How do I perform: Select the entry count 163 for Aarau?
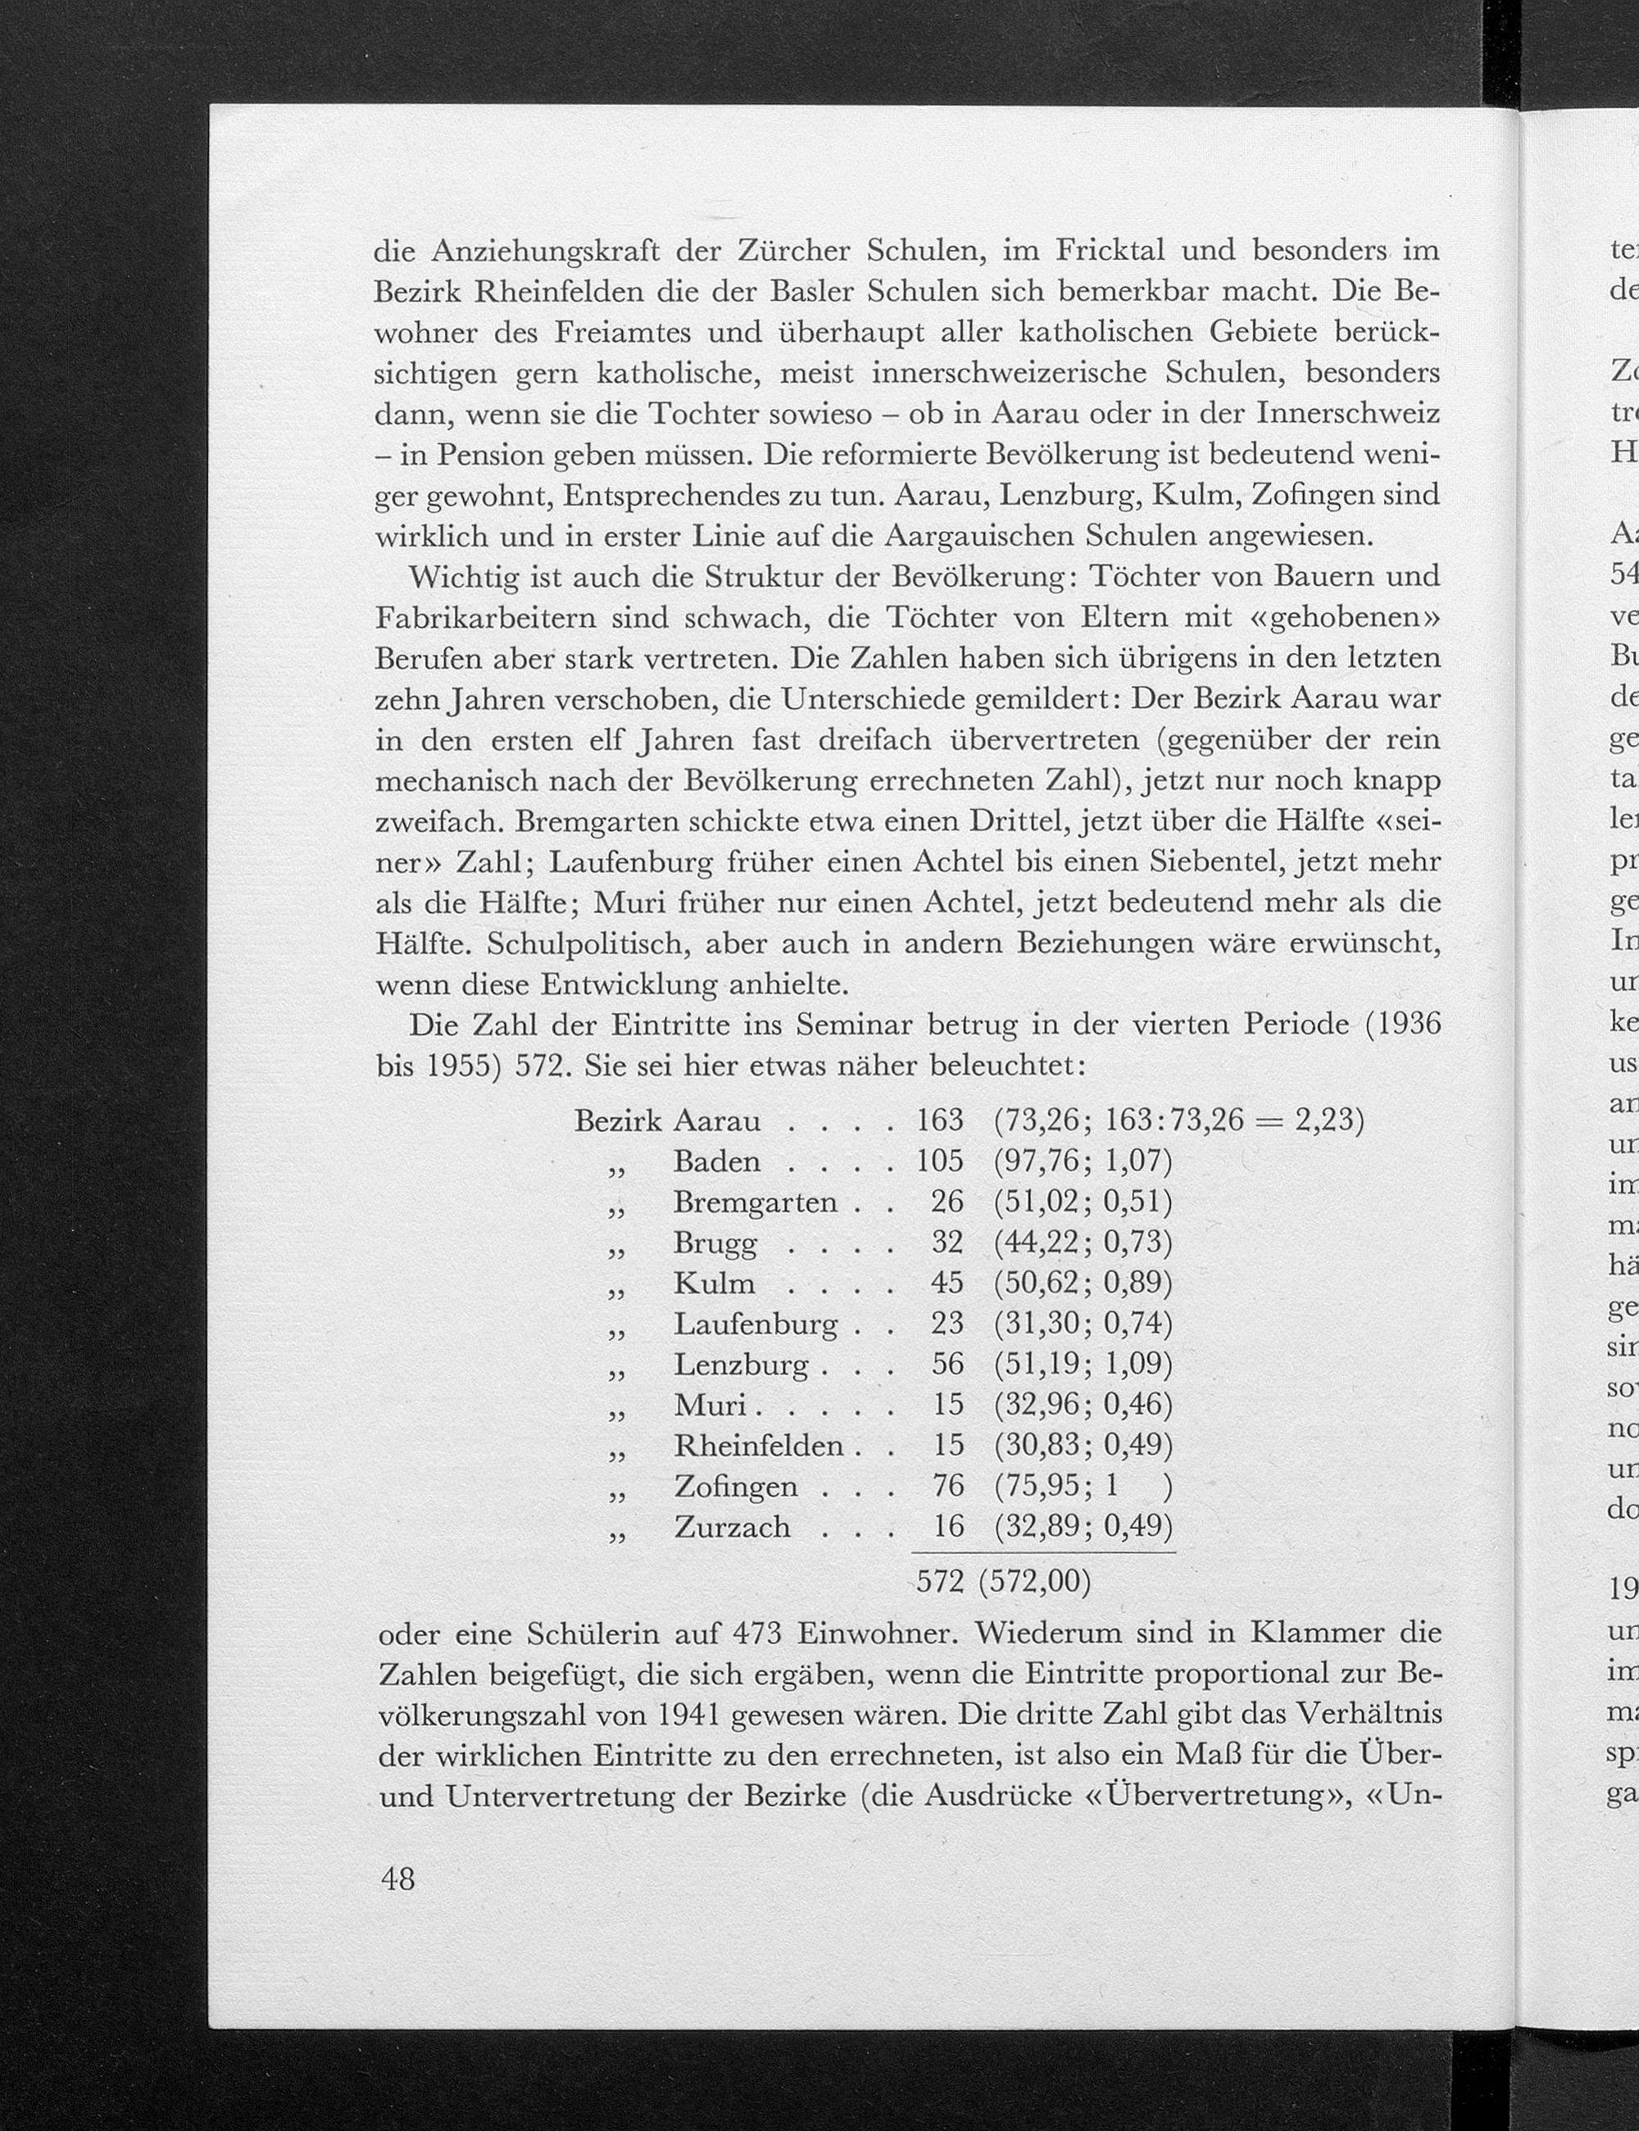(x=939, y=1120)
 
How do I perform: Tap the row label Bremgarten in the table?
(x=755, y=1202)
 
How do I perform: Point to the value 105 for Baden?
(x=939, y=1161)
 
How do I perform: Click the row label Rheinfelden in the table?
(x=758, y=1445)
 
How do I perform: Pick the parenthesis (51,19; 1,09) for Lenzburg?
(x=1083, y=1363)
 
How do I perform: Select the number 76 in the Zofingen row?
(x=947, y=1486)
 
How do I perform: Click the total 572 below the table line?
(x=941, y=1582)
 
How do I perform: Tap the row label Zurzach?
(x=732, y=1527)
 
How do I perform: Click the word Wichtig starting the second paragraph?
(x=465, y=578)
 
